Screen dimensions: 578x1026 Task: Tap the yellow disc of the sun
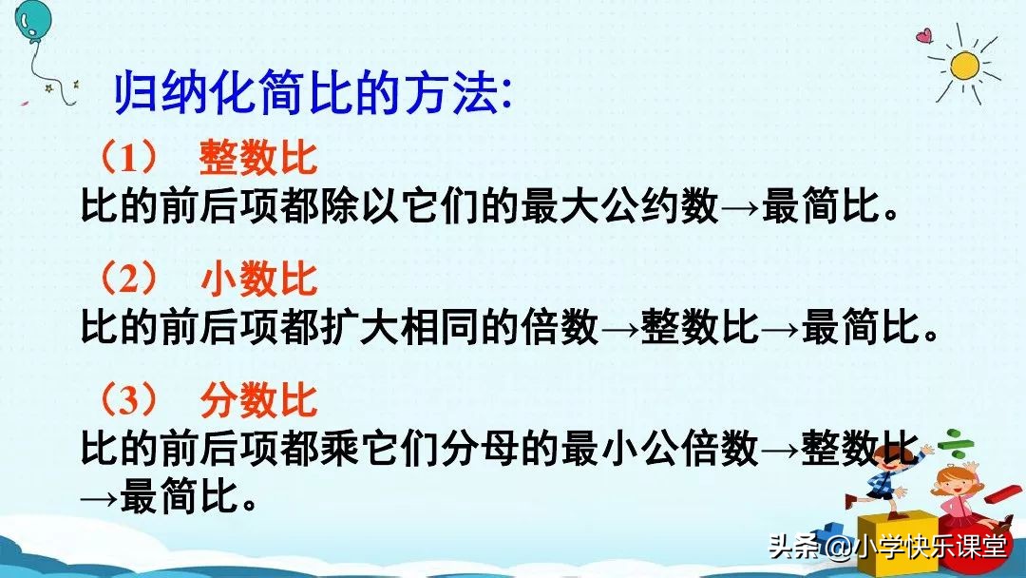click(964, 65)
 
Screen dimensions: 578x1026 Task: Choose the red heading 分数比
click(257, 400)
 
